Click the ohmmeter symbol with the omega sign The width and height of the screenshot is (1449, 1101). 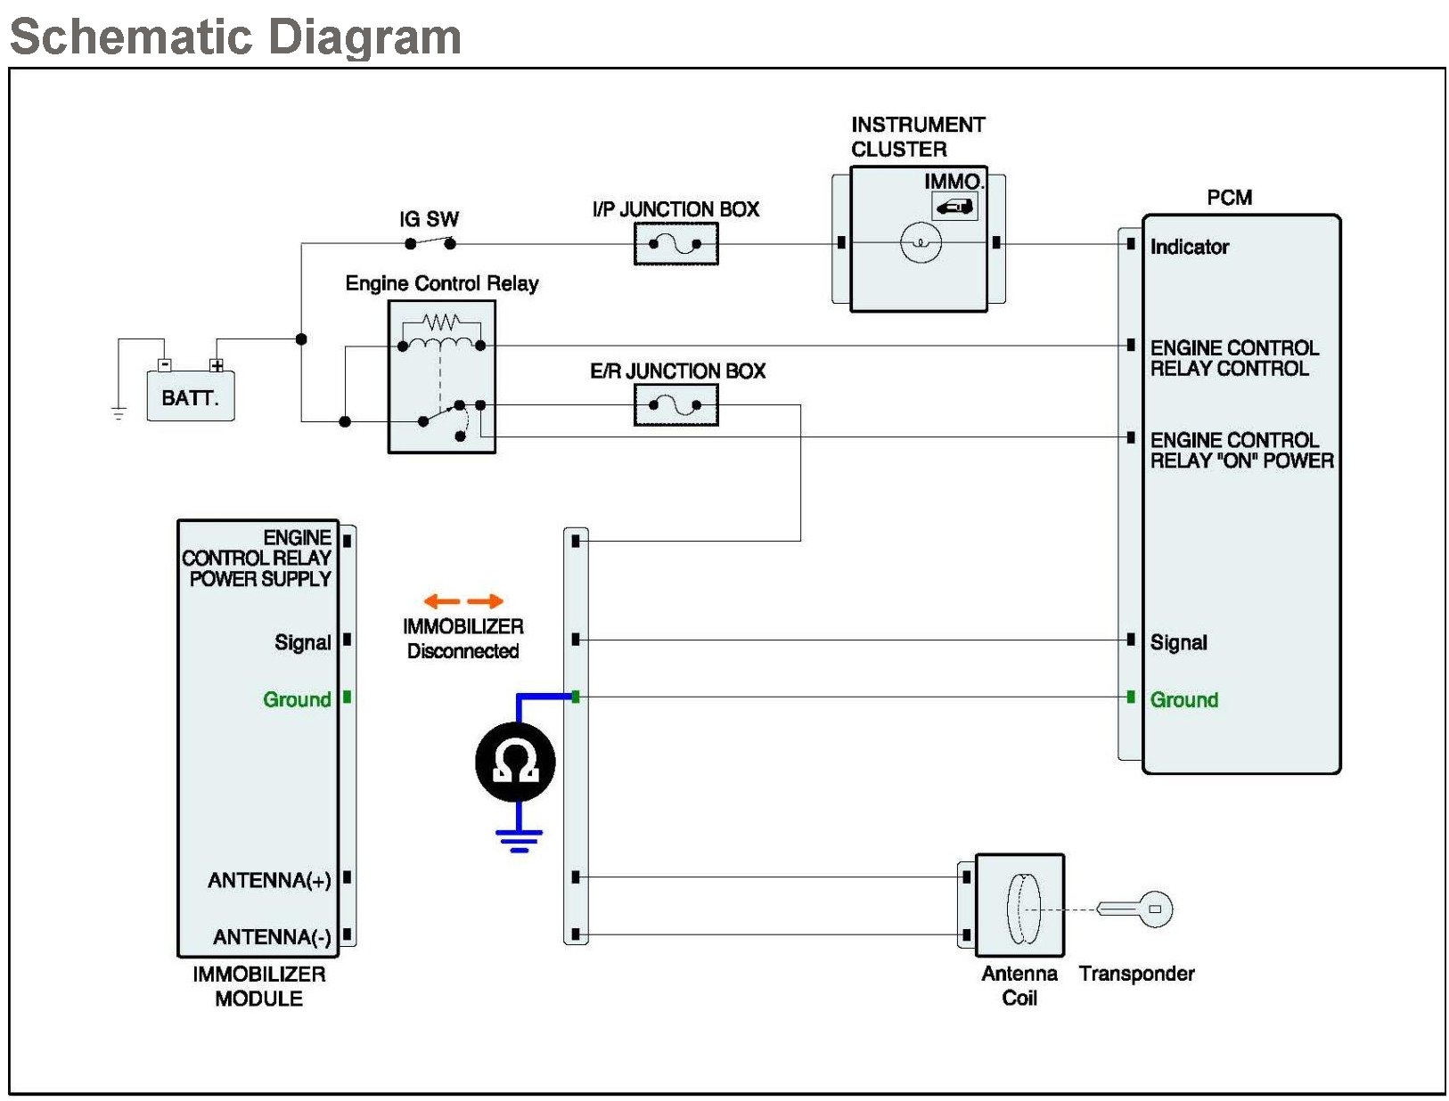515,762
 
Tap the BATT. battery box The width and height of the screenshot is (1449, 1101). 190,396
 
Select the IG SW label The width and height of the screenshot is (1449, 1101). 430,219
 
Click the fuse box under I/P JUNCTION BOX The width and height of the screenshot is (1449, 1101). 675,243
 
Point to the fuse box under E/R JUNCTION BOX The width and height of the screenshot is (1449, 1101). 675,404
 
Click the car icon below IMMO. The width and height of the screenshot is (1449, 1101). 954,208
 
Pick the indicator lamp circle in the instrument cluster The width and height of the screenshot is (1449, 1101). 921,243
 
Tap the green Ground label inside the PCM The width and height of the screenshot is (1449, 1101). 1183,699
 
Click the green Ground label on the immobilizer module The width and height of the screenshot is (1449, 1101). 297,698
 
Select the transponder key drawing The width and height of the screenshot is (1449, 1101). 1134,909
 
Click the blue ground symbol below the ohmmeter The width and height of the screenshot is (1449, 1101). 519,840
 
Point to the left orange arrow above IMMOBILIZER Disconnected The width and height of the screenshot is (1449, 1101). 442,601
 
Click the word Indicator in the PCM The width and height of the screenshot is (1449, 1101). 1189,247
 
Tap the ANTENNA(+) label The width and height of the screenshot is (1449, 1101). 269,880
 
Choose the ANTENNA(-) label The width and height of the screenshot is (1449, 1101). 271,937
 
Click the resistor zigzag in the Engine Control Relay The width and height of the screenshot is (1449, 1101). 441,322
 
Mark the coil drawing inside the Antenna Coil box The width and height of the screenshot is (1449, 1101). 1023,909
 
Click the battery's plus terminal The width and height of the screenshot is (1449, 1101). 216,365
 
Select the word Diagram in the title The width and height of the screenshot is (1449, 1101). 365,37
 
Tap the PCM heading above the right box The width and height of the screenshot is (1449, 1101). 1229,197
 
